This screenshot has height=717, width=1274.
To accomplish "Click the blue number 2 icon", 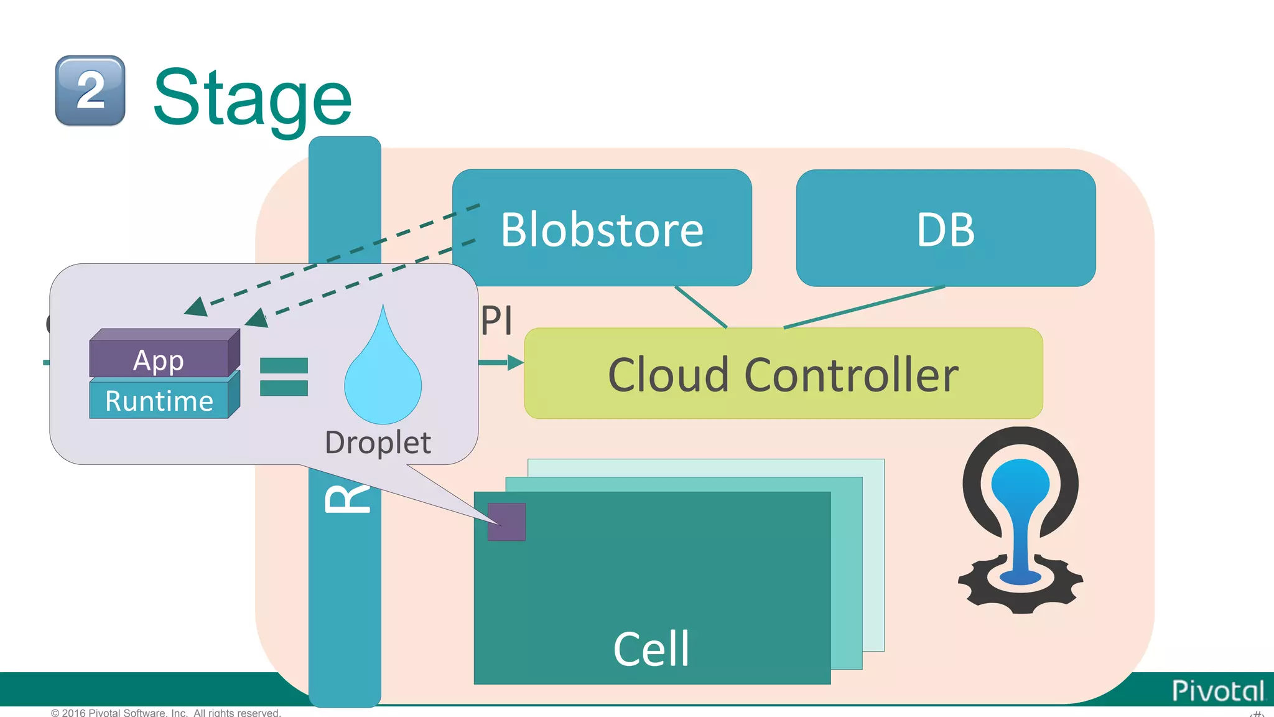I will tap(90, 91).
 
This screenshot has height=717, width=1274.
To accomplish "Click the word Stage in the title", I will tap(253, 98).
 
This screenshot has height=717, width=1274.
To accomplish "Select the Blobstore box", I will tap(602, 228).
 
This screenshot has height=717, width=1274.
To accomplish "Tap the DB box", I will tap(945, 228).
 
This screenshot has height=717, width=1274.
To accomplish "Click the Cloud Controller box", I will tap(783, 373).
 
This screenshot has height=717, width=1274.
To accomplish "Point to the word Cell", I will tap(651, 649).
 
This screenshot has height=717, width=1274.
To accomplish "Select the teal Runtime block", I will tap(159, 400).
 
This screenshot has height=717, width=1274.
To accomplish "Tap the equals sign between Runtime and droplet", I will tap(284, 377).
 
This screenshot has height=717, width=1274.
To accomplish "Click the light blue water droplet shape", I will tap(383, 380).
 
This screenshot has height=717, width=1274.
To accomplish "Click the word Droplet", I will tap(378, 443).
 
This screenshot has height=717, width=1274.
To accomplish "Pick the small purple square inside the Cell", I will tap(506, 522).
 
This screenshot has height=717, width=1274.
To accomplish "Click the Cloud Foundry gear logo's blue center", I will tap(1020, 517).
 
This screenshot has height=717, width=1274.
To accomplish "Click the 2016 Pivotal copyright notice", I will tap(166, 712).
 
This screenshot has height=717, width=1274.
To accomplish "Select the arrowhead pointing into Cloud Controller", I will tap(515, 362).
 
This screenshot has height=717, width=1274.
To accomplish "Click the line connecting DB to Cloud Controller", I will tap(865, 307).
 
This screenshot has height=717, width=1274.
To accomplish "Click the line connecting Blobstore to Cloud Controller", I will tap(701, 307).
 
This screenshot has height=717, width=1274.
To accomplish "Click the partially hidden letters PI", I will tap(497, 321).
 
